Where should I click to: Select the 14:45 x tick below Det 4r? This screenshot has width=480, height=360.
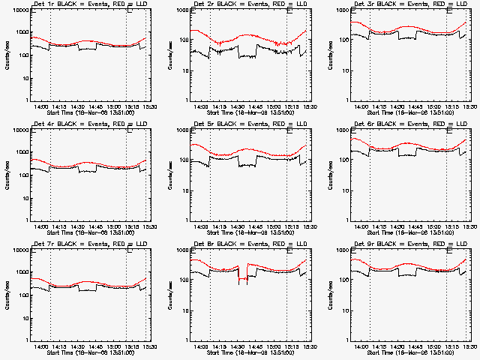point(95,226)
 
